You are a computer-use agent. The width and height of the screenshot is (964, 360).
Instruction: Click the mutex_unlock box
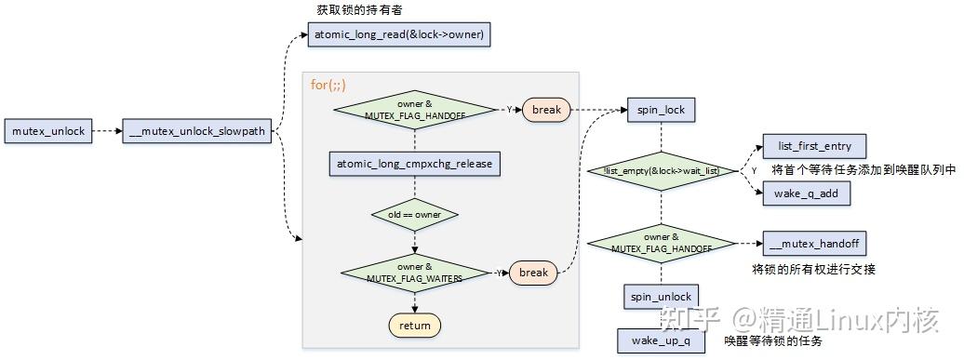tap(48, 131)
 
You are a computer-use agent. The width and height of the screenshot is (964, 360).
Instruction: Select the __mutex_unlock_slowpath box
tap(197, 131)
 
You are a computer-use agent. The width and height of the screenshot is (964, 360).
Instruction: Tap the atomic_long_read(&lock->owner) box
tap(398, 35)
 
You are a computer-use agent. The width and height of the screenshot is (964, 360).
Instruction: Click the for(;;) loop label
tap(328, 85)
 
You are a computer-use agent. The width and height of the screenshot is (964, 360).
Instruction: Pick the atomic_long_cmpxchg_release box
tap(414, 165)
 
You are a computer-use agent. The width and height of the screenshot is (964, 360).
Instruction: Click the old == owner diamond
tap(414, 214)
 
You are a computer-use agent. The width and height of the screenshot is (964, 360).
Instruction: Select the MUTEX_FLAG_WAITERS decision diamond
tap(414, 272)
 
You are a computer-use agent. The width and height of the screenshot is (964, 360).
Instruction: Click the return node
tap(414, 326)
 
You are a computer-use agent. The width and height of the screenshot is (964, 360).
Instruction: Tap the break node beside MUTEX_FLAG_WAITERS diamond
tap(533, 273)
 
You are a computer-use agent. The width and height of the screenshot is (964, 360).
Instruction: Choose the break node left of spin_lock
tap(546, 110)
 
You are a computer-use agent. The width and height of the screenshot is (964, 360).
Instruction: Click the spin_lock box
tap(661, 110)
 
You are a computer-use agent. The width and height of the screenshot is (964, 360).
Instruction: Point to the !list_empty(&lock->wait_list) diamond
tap(661, 171)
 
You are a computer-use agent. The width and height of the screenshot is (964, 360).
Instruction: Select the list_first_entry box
tap(813, 147)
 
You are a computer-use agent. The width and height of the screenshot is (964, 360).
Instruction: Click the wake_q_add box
tap(806, 194)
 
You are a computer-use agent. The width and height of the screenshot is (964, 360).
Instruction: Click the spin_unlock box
tap(661, 297)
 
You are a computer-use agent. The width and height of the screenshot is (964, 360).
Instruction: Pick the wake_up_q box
tap(661, 340)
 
